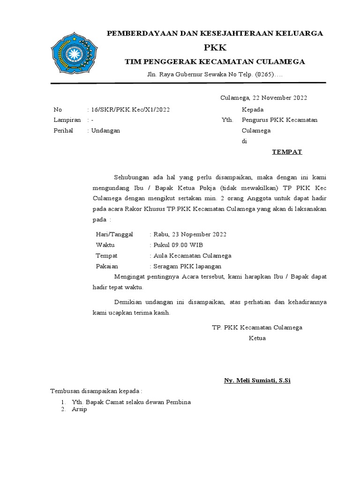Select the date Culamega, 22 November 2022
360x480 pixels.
coord(264,97)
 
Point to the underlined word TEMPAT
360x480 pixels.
coord(287,152)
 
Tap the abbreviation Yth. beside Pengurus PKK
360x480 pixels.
coord(227,120)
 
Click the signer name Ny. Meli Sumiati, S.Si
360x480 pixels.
coord(257,380)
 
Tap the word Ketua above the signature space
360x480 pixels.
coord(257,338)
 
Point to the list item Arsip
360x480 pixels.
coord(79,409)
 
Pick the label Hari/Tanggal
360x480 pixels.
coord(114,234)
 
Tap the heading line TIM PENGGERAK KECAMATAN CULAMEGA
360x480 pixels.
coord(215,62)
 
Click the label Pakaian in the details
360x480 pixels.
coord(107,266)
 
